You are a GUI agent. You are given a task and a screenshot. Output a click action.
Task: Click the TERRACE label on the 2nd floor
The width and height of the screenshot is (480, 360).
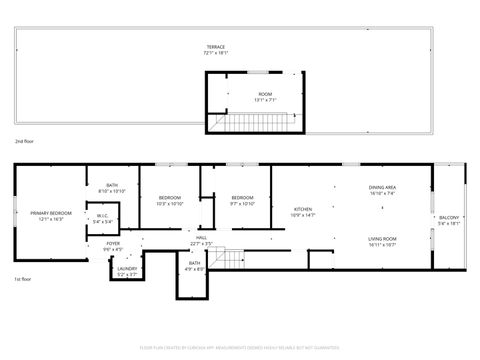(x=216, y=47)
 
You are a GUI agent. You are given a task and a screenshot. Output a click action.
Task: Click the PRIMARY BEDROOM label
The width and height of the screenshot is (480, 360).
(x=50, y=213)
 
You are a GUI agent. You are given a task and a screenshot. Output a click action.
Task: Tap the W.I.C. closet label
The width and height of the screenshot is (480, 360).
(x=102, y=217)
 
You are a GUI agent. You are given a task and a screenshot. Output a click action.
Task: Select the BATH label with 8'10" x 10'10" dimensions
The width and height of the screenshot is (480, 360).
(x=113, y=185)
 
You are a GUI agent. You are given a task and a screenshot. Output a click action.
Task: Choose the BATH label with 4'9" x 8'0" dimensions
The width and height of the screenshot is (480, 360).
(x=193, y=265)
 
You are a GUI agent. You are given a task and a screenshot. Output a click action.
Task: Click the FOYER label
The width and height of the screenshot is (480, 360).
(x=113, y=244)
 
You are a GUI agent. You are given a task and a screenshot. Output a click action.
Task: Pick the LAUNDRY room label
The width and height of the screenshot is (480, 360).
(x=126, y=268)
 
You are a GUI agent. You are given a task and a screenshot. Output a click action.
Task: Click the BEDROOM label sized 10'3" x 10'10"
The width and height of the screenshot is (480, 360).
(x=170, y=198)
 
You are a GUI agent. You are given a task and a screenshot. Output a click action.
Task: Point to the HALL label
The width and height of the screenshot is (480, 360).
(x=202, y=237)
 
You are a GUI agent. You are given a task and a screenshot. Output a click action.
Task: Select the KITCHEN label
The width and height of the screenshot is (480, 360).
(x=302, y=210)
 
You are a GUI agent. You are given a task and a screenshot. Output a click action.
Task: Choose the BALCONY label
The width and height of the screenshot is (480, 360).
(x=449, y=218)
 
